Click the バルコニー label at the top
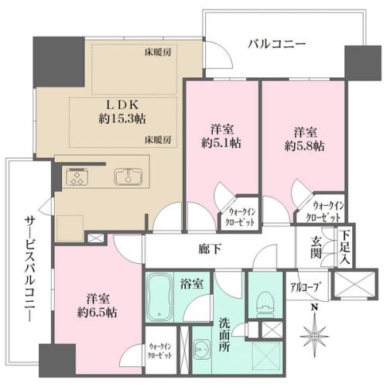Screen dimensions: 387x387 (276, 44)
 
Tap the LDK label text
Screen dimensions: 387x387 (122, 105)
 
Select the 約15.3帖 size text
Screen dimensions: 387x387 (122, 119)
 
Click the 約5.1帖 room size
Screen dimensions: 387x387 (221, 143)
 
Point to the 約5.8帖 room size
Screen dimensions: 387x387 (305, 146)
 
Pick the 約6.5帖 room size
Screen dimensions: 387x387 (98, 313)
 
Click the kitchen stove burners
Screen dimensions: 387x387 (77, 176)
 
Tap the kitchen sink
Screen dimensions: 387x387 (128, 176)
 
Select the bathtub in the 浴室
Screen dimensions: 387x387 (159, 296)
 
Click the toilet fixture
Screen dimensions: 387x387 (265, 305)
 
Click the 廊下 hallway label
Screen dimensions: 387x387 (210, 249)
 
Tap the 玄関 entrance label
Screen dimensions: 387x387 (316, 249)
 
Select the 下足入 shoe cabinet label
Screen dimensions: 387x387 (344, 248)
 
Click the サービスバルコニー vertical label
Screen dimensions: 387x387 (29, 269)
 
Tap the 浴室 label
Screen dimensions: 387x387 (192, 283)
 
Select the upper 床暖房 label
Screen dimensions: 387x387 (158, 53)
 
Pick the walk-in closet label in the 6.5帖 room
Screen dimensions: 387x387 (160, 351)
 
